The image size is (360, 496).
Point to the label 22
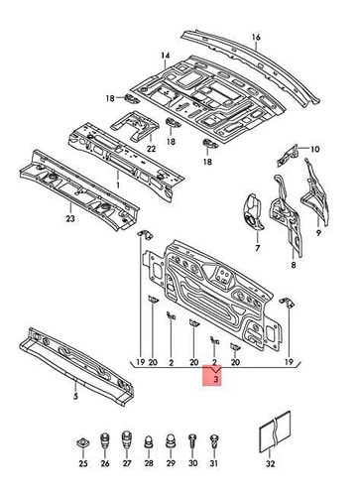(151, 149)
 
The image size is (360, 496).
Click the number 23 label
(42, 220)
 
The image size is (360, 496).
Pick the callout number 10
(316, 150)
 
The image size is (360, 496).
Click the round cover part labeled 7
(252, 212)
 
